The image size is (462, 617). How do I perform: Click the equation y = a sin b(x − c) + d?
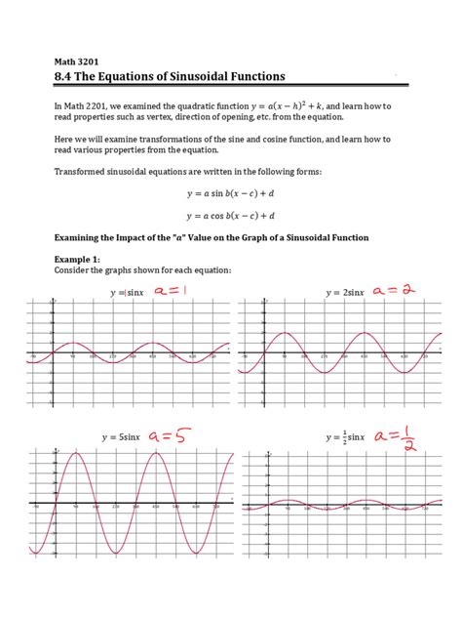[232, 195]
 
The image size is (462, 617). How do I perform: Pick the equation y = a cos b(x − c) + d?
[232, 216]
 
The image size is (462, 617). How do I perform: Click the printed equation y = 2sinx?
[346, 292]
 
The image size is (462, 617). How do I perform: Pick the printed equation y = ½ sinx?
[345, 438]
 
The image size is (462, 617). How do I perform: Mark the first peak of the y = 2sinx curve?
[284, 334]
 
